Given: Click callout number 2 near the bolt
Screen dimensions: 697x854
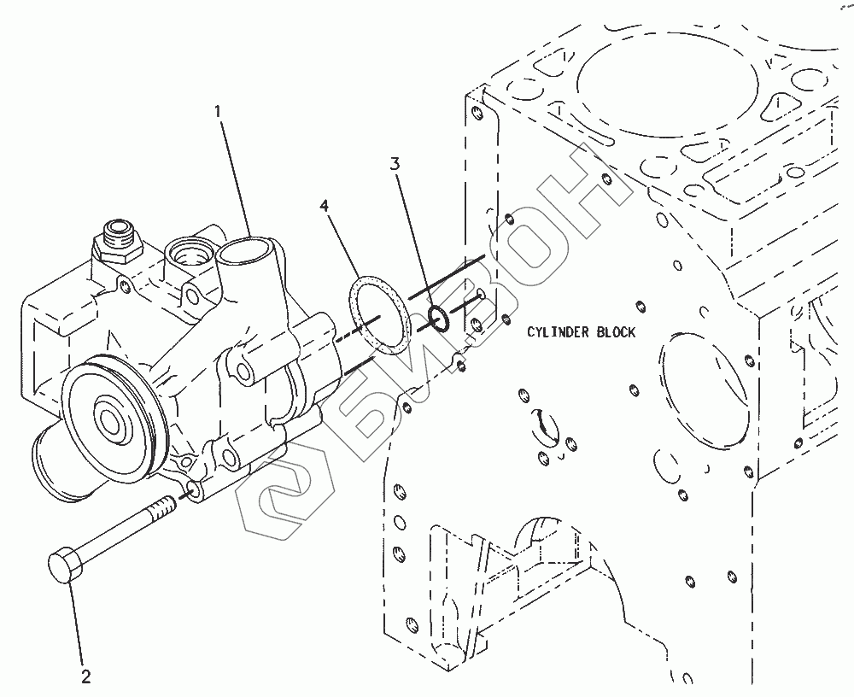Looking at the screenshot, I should (x=85, y=677).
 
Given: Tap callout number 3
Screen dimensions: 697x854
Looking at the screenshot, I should (x=395, y=163).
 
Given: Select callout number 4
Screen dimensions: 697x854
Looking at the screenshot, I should (x=325, y=206).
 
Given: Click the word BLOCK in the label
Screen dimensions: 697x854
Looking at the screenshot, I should (x=615, y=332).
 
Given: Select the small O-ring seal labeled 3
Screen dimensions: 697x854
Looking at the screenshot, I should (x=438, y=319).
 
